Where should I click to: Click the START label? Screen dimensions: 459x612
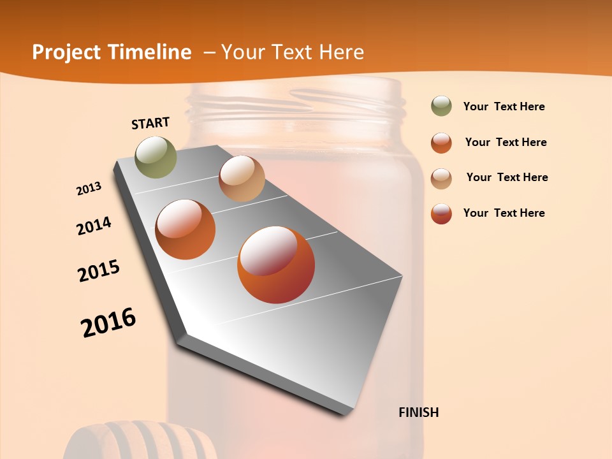click(x=150, y=123)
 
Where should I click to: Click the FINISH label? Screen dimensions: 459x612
click(x=418, y=412)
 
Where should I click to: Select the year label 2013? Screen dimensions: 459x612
click(x=89, y=189)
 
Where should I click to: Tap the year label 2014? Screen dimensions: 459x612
click(x=94, y=226)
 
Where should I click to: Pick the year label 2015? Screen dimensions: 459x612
click(x=99, y=271)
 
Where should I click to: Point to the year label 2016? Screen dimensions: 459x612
click(x=108, y=322)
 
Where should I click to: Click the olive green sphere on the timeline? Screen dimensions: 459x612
click(x=156, y=157)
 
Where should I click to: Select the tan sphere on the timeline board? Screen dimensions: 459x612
click(x=242, y=178)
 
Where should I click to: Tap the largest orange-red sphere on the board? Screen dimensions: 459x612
click(x=276, y=265)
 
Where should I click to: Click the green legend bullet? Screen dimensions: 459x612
click(x=441, y=106)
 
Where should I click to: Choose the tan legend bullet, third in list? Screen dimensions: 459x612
click(x=441, y=178)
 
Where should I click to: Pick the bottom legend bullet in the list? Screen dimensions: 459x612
click(x=441, y=214)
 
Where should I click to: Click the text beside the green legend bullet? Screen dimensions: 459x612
click(x=504, y=106)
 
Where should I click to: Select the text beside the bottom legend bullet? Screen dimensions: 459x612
click(x=504, y=213)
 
